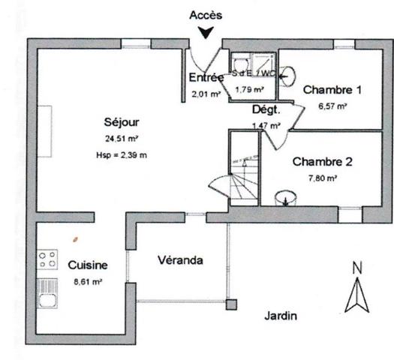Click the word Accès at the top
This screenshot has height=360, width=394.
tap(207, 14)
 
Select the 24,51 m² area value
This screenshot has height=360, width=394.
tap(122, 138)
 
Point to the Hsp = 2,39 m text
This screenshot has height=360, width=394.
tap(122, 155)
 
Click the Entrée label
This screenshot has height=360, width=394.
tap(206, 77)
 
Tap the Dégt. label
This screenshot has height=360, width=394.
tap(265, 109)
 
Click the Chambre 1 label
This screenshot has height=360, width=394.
tap(332, 90)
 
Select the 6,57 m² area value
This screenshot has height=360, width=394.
tap(332, 106)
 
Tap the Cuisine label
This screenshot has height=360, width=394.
tap(88, 265)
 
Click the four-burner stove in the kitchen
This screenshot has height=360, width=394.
tap(48, 260)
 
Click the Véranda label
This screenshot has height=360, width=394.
tap(179, 260)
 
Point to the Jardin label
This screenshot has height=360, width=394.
tap(281, 316)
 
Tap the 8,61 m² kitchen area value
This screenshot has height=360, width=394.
tap(88, 282)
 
